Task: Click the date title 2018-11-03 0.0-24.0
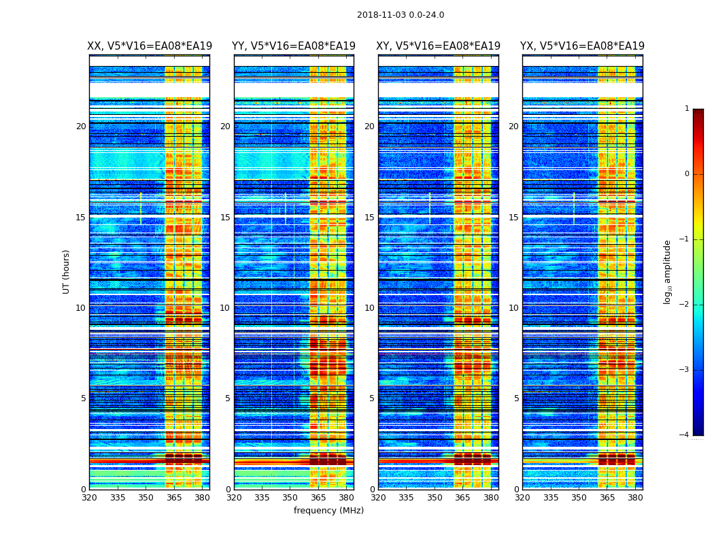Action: coord(401,15)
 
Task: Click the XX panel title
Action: coord(150,46)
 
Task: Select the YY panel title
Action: coord(294,46)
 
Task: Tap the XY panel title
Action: coord(439,46)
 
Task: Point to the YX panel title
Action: coord(583,46)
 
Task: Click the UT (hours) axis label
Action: coord(67,271)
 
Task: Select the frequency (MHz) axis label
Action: coord(328,511)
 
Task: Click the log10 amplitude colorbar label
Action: coord(668,271)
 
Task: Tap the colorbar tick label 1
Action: coord(687,109)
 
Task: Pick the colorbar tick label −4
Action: coord(685,435)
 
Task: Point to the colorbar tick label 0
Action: coord(687,174)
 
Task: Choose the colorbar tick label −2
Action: coord(685,305)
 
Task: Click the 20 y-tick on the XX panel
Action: coord(81,126)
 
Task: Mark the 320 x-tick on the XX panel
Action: coord(89,498)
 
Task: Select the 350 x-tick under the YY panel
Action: coord(290,498)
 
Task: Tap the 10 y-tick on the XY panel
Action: coord(369,308)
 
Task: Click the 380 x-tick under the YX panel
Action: coord(635,498)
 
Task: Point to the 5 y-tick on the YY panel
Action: coord(228,398)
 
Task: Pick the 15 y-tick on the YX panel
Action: coord(513,218)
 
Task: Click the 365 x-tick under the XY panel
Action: coord(462,498)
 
